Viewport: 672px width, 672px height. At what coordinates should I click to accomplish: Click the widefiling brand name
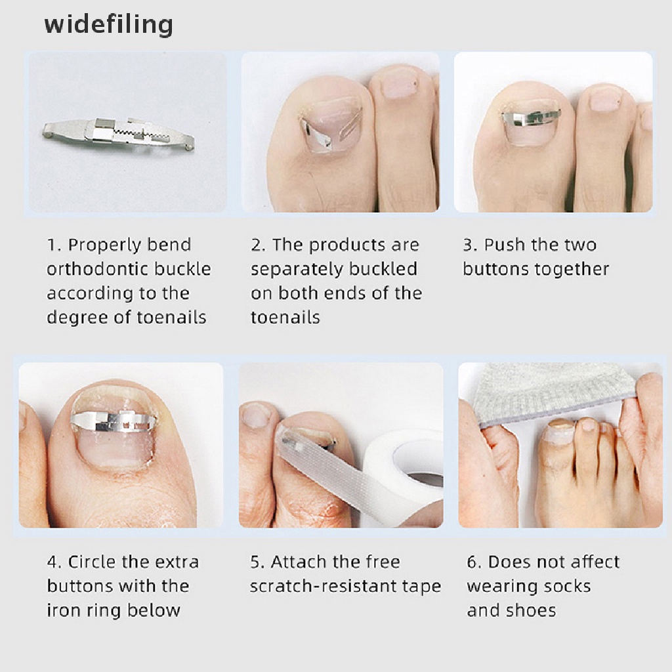click(x=109, y=25)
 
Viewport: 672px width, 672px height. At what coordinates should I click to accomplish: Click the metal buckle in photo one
click(x=119, y=134)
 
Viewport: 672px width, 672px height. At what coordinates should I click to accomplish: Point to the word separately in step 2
click(x=296, y=270)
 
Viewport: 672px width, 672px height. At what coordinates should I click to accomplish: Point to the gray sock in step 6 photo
click(x=544, y=392)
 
